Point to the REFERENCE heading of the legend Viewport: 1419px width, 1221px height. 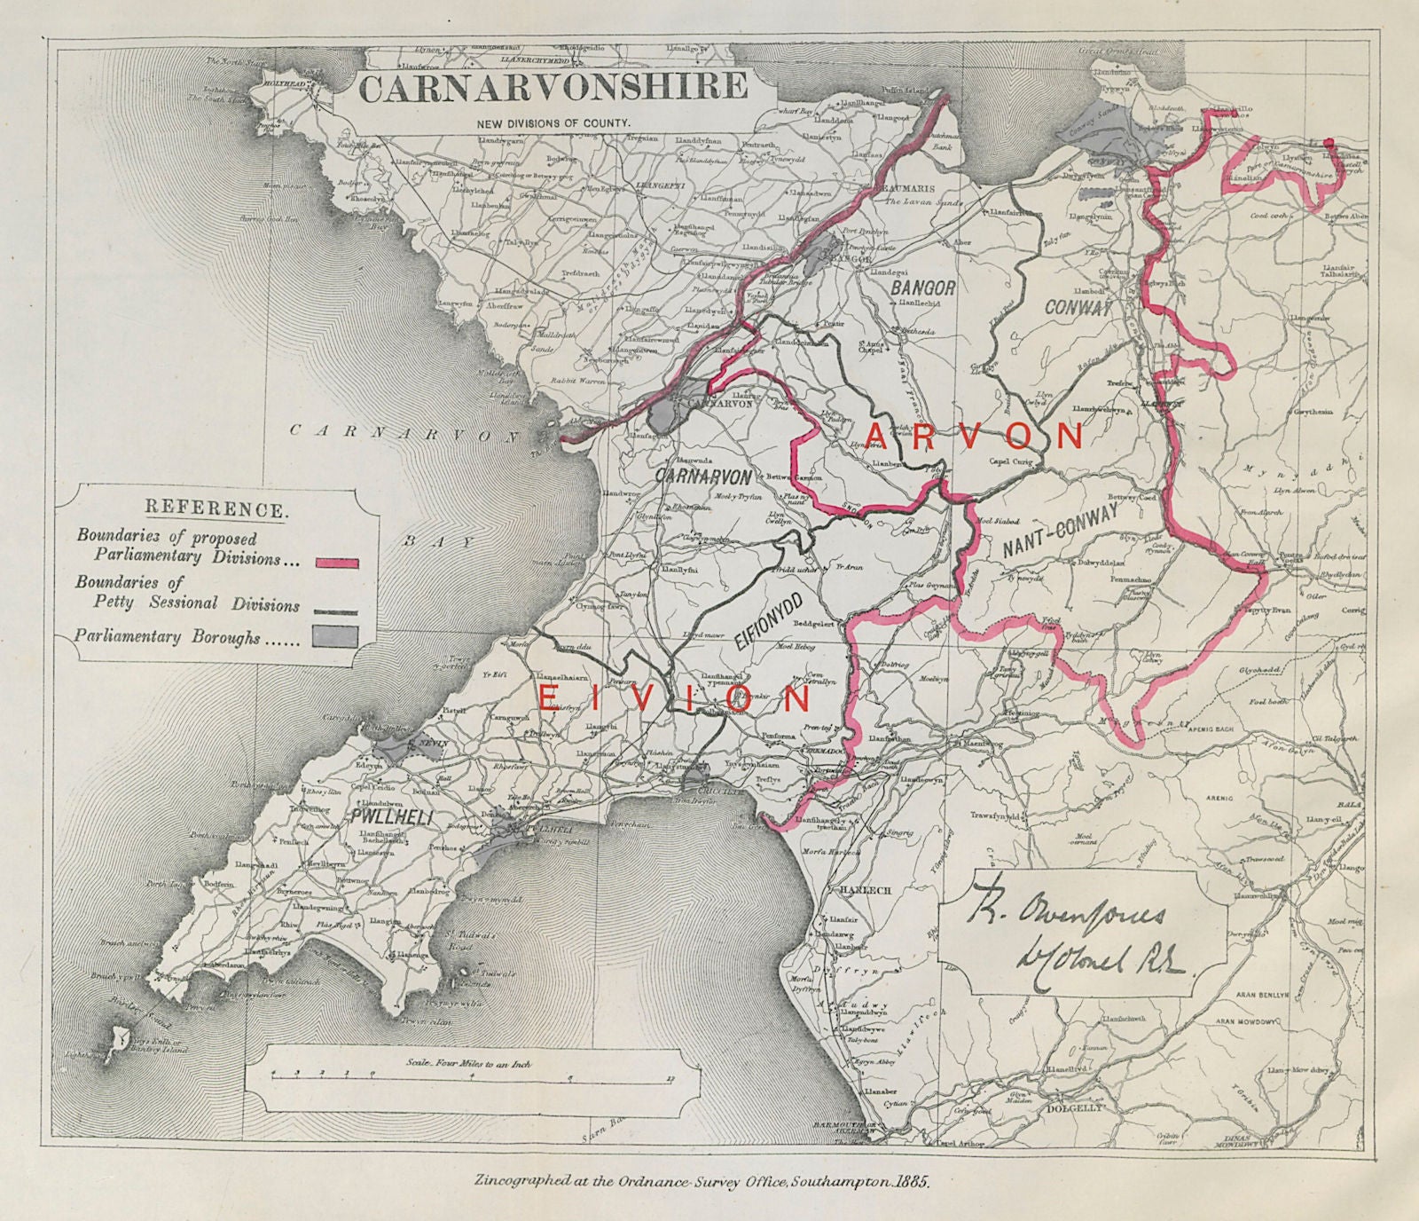(216, 509)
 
